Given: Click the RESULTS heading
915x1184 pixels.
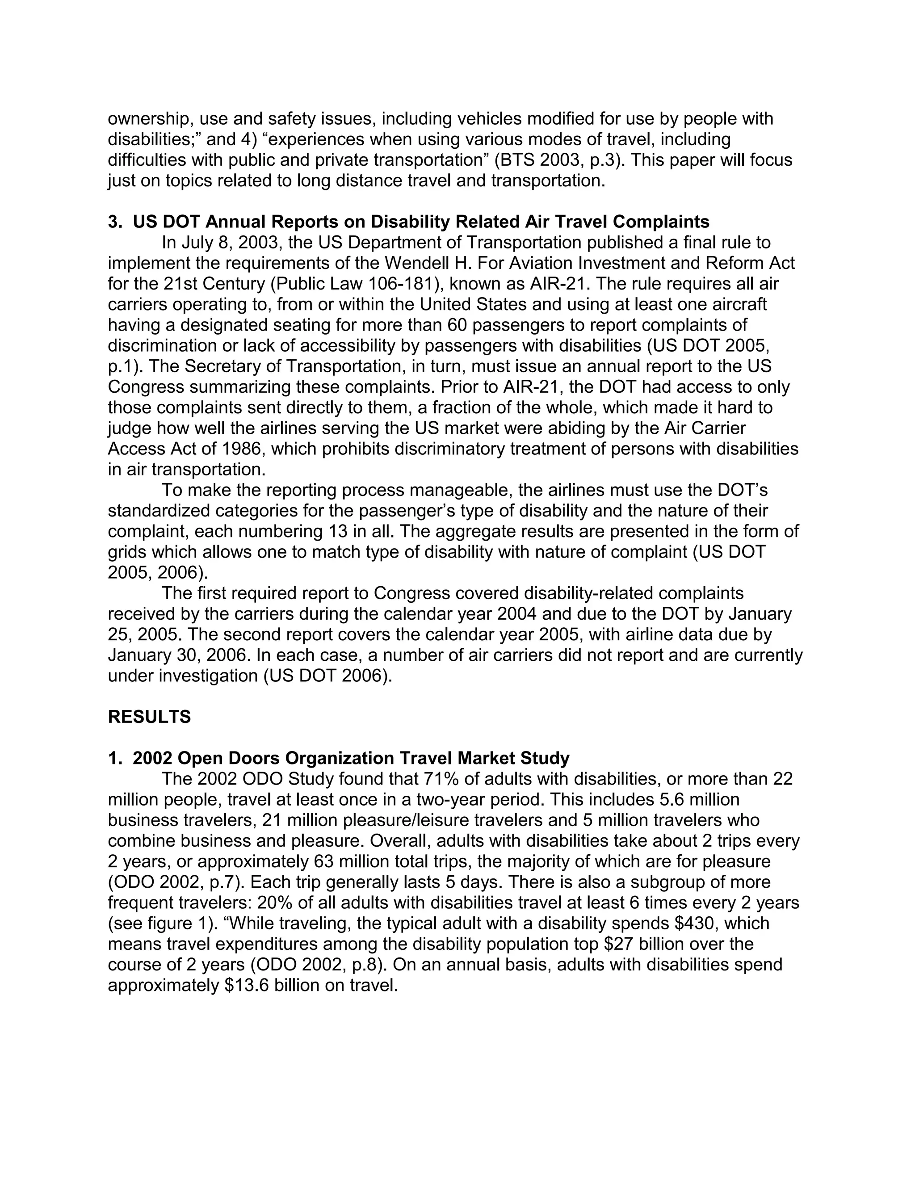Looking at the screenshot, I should (149, 717).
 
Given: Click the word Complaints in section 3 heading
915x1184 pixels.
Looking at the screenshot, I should (661, 222).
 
